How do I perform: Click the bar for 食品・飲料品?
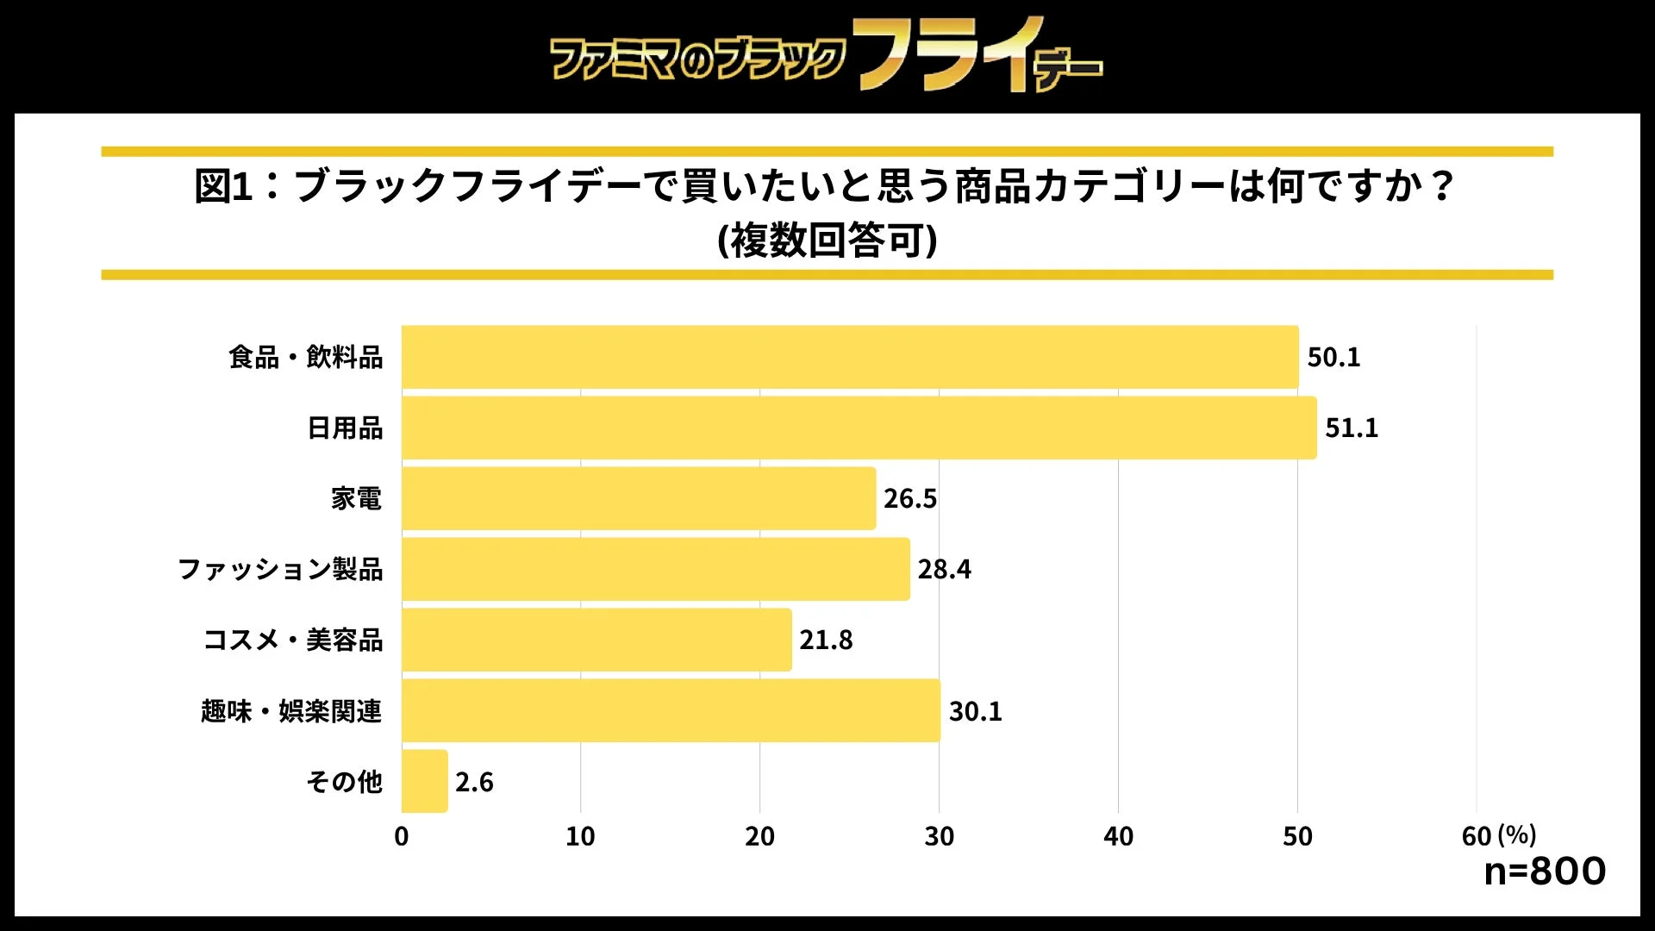(x=849, y=357)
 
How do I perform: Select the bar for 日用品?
(x=859, y=428)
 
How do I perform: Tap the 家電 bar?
(x=638, y=498)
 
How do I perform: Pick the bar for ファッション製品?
(x=655, y=569)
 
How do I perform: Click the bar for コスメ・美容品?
(x=596, y=640)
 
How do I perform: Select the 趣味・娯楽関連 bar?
(x=671, y=710)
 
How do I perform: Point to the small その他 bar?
(x=424, y=781)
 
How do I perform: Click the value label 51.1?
(x=1351, y=428)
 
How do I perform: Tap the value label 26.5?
(x=909, y=498)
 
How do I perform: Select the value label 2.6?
(x=474, y=782)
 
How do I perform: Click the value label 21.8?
(x=825, y=640)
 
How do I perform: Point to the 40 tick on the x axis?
(x=1118, y=836)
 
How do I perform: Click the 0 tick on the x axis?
(x=402, y=836)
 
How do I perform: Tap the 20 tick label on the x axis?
(x=759, y=836)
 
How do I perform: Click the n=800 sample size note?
(x=1544, y=871)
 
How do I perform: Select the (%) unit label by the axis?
(x=1517, y=834)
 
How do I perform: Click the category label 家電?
(x=356, y=498)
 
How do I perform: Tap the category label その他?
(x=344, y=781)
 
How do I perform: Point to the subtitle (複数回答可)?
(x=827, y=240)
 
